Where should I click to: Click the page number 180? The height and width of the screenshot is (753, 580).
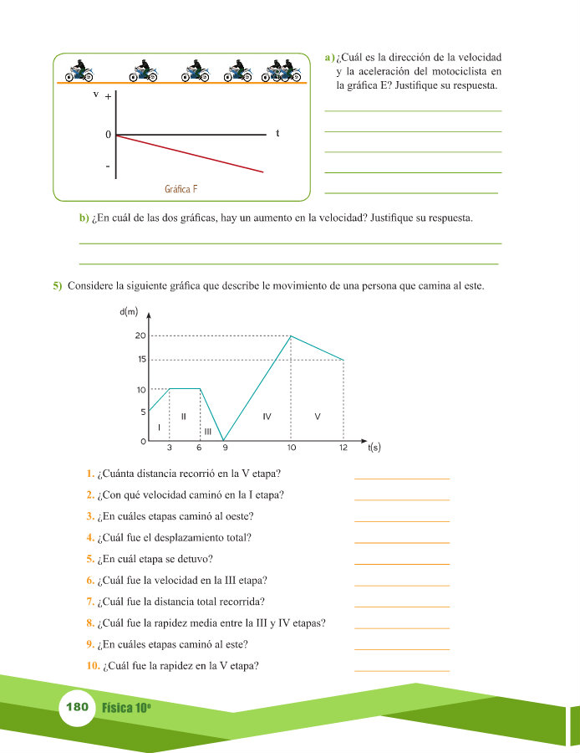(x=77, y=707)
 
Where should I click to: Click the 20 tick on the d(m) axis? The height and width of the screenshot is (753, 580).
(x=140, y=336)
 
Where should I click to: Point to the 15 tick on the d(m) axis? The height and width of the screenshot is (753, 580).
(x=140, y=360)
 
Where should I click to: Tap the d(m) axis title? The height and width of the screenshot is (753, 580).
(x=130, y=312)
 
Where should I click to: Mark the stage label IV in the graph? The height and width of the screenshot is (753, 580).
(x=267, y=415)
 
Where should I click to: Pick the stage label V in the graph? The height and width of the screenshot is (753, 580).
(x=318, y=415)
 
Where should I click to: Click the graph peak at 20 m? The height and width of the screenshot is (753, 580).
(x=291, y=336)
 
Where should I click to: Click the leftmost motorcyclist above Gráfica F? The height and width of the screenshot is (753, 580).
(x=81, y=71)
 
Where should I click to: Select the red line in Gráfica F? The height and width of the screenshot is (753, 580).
(x=192, y=154)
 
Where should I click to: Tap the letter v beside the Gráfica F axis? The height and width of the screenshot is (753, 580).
(x=97, y=94)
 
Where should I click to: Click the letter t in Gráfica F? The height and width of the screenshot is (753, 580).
(x=277, y=133)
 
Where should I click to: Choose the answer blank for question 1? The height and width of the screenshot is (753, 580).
(x=402, y=477)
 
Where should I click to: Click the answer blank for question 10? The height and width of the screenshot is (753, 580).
(x=402, y=669)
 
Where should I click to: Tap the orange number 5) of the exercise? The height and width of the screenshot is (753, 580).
(x=58, y=285)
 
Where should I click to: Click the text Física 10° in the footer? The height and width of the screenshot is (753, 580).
(x=126, y=708)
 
